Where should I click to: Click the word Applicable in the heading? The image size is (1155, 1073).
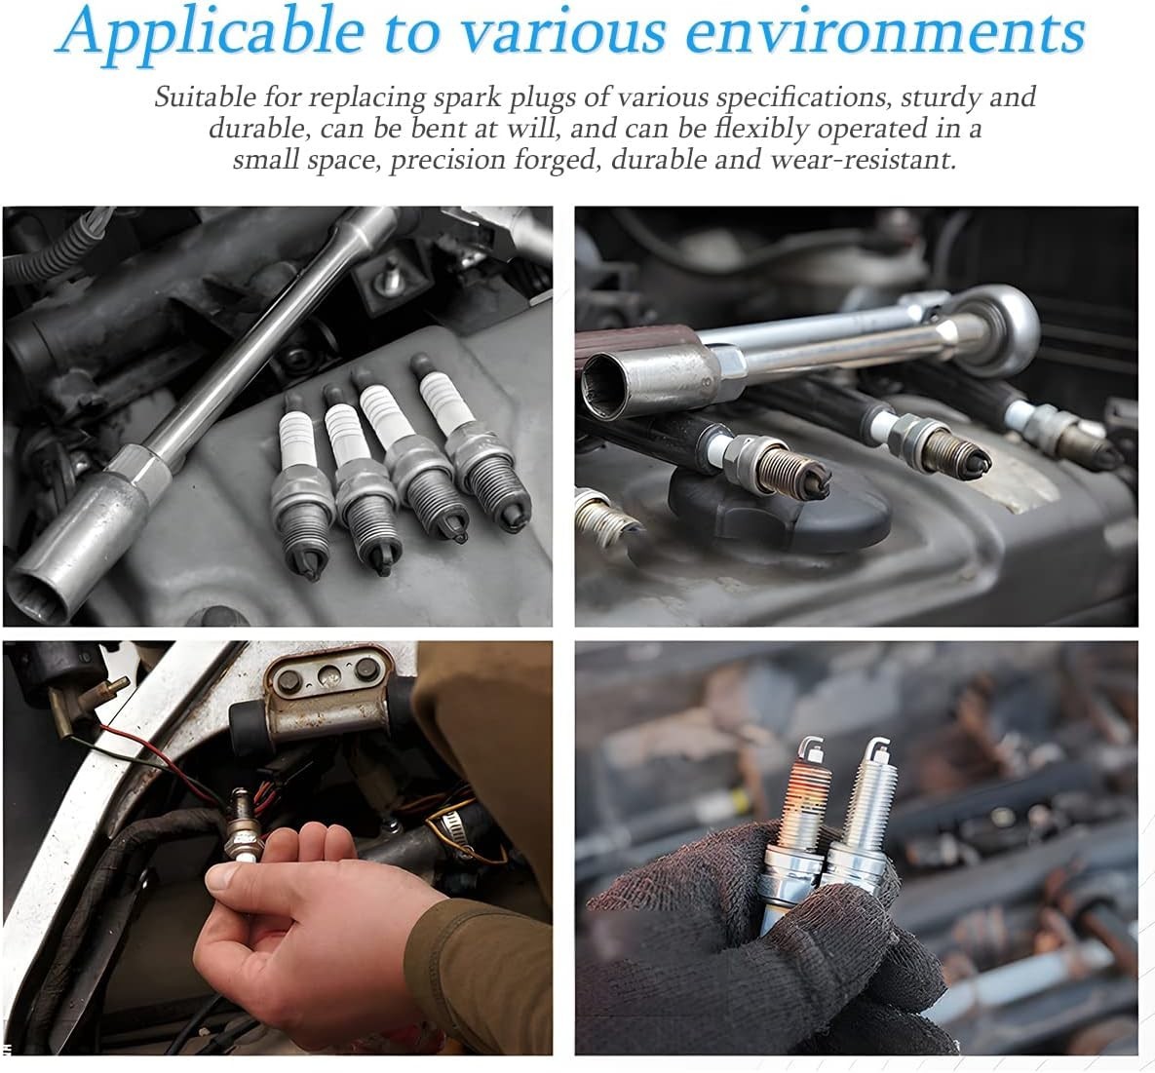tap(210, 33)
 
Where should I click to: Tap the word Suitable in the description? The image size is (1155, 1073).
tap(206, 97)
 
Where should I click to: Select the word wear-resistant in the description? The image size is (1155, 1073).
tap(863, 160)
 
